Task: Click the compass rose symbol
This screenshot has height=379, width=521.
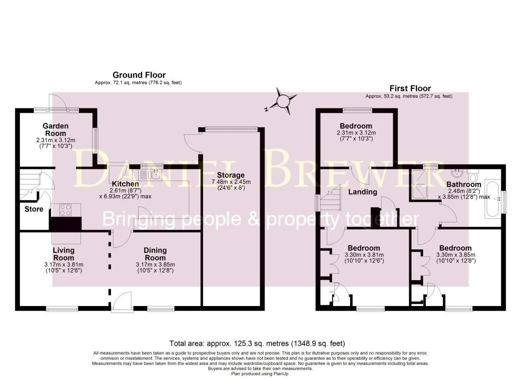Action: pos(282,101)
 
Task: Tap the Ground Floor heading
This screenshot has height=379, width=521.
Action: pos(139,75)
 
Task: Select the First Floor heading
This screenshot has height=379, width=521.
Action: pos(410,88)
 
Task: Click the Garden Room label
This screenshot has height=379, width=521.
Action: pos(55,129)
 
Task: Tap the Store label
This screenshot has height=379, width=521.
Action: pos(34,209)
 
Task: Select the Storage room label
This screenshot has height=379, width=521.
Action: pos(231,175)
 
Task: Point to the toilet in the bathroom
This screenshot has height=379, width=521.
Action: pos(473,174)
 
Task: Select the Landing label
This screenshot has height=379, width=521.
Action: pos(362,192)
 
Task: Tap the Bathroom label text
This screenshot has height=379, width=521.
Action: pos(463,184)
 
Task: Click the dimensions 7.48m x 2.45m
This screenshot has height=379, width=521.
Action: pos(231,182)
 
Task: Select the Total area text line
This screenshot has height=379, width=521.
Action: pos(257,343)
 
